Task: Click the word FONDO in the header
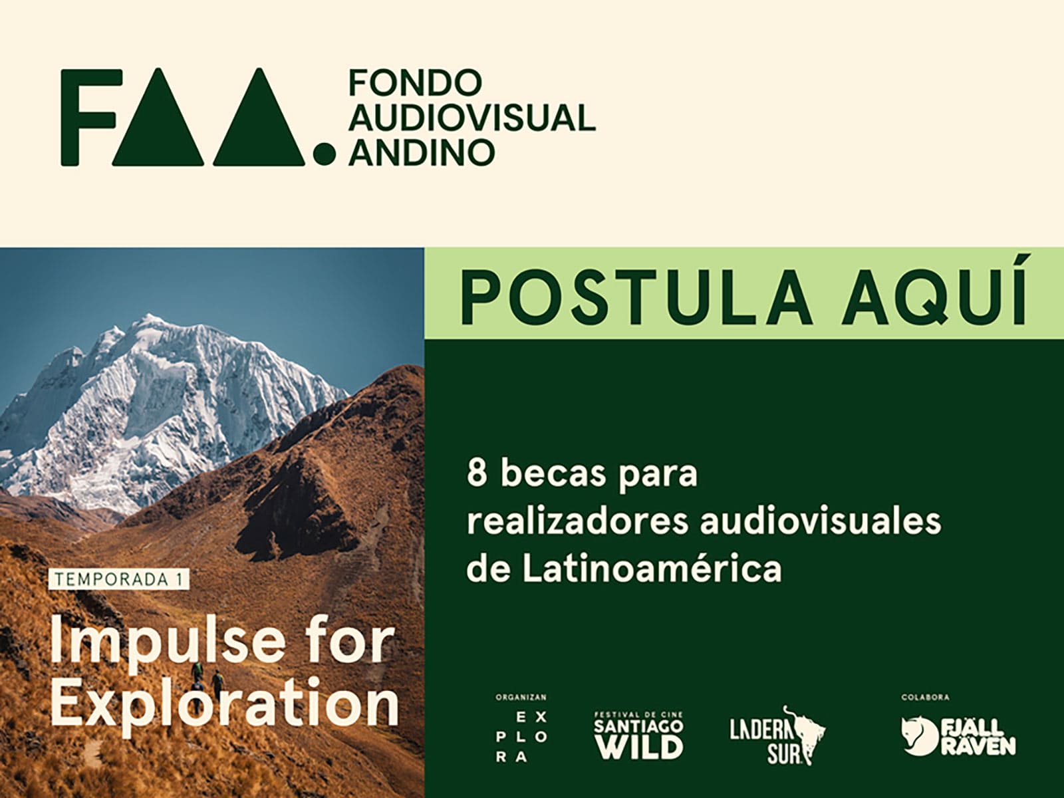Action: [x=416, y=82]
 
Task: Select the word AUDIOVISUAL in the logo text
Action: [x=472, y=117]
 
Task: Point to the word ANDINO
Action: [x=422, y=152]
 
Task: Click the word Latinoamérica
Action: [x=652, y=569]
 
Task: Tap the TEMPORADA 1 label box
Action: [x=119, y=579]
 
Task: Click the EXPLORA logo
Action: [x=521, y=737]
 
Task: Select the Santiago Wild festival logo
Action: [x=639, y=735]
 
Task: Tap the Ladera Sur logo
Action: [x=777, y=735]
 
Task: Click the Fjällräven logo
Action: [x=959, y=737]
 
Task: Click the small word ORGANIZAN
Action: [x=521, y=697]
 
